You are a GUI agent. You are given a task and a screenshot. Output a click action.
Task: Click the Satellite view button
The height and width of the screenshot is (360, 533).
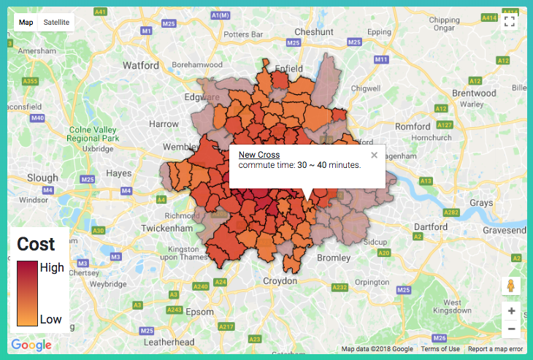tap(56, 22)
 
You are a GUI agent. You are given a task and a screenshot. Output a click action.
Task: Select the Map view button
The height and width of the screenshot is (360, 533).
tap(26, 22)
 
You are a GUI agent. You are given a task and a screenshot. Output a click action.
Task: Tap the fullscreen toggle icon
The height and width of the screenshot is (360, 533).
tap(510, 20)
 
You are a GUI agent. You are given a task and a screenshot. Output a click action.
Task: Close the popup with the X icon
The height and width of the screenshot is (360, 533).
tap(374, 155)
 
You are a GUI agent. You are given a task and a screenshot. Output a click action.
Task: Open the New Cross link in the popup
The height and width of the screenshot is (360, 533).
tap(258, 155)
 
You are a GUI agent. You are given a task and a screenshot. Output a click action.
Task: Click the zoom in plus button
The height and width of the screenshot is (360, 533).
tap(511, 311)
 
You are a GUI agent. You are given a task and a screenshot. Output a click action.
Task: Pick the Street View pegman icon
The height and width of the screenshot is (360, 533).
tap(511, 286)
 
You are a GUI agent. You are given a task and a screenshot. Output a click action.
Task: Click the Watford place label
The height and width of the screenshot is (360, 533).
tap(141, 65)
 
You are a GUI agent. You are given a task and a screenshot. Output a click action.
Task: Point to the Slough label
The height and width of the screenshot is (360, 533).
tap(42, 177)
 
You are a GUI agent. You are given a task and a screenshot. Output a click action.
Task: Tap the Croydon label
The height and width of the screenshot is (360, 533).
tap(281, 280)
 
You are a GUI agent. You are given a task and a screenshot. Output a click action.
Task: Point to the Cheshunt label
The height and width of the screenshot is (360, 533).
tap(314, 32)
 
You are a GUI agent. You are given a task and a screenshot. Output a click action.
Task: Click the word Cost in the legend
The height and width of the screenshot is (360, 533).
tap(36, 245)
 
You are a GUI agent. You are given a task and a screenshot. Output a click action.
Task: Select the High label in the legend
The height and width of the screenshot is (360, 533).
tap(52, 267)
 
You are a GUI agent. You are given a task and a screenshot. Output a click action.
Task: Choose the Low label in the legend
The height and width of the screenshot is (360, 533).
tap(50, 319)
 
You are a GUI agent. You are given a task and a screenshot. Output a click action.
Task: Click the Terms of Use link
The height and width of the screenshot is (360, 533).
tap(440, 349)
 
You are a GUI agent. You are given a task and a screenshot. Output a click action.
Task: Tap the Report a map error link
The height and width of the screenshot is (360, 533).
tap(496, 349)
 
